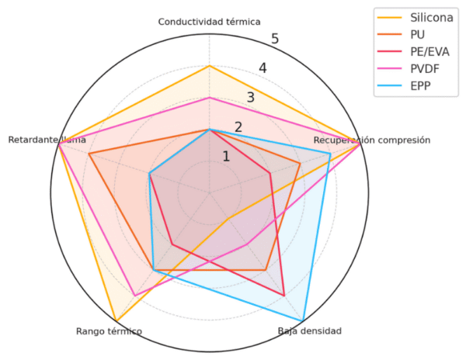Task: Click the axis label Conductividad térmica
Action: pyautogui.click(x=209, y=22)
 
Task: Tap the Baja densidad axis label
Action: pyautogui.click(x=309, y=331)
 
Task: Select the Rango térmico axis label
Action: pyautogui.click(x=109, y=331)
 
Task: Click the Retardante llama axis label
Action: pyautogui.click(x=47, y=140)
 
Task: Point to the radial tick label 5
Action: pyautogui.click(x=275, y=40)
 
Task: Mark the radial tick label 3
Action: pyautogui.click(x=250, y=98)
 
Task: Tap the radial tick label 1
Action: pyautogui.click(x=226, y=157)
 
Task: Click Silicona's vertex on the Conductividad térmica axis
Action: pyautogui.click(x=209, y=66)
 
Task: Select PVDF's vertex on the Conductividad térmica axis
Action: pyautogui.click(x=209, y=98)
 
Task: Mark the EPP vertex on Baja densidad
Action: pyautogui.click(x=302, y=320)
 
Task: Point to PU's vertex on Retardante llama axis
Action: pyautogui.click(x=89, y=154)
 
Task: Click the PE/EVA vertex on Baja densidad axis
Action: pyautogui.click(x=283, y=294)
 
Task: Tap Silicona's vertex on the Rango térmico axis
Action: pyautogui.click(x=116, y=320)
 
